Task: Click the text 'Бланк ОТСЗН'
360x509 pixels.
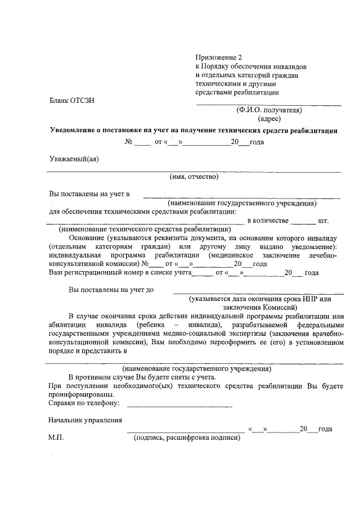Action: coord(71,101)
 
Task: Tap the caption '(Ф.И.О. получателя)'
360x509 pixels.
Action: coord(269,110)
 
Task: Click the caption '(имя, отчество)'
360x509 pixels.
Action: coord(194,177)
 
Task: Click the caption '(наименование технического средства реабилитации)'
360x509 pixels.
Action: coord(145,229)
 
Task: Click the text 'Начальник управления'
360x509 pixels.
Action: coord(85,420)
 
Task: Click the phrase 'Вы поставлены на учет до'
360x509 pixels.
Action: coord(111,290)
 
